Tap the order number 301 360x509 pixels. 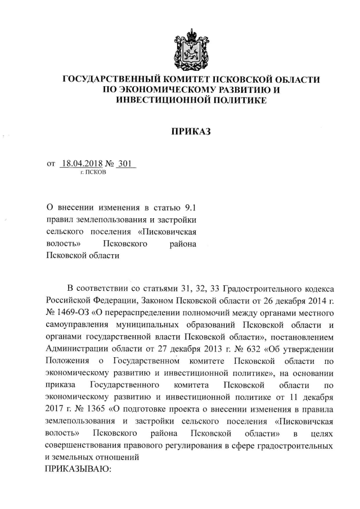pyautogui.click(x=128, y=164)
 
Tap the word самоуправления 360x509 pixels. pyautogui.click(x=80, y=324)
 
